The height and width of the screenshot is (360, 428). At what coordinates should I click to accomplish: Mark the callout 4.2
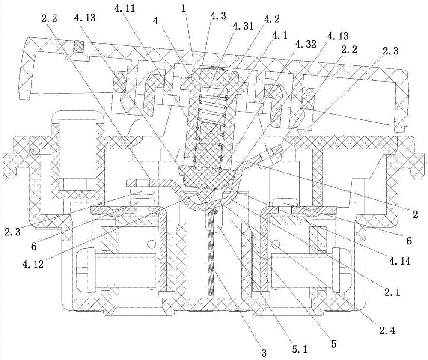pos(271,19)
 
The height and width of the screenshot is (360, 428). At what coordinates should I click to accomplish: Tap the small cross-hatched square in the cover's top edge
pos(78,47)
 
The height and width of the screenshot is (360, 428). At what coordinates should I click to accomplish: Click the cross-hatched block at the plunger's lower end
pos(208,176)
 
